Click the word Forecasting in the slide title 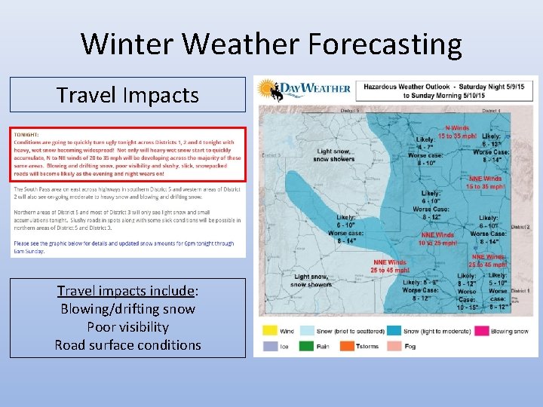tap(384, 44)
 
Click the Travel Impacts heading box tap(127, 95)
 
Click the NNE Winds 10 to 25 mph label tap(437, 239)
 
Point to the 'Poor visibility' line tap(127, 327)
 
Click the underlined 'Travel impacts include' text tap(127, 291)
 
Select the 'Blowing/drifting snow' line tap(127, 309)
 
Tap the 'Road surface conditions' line tap(127, 345)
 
